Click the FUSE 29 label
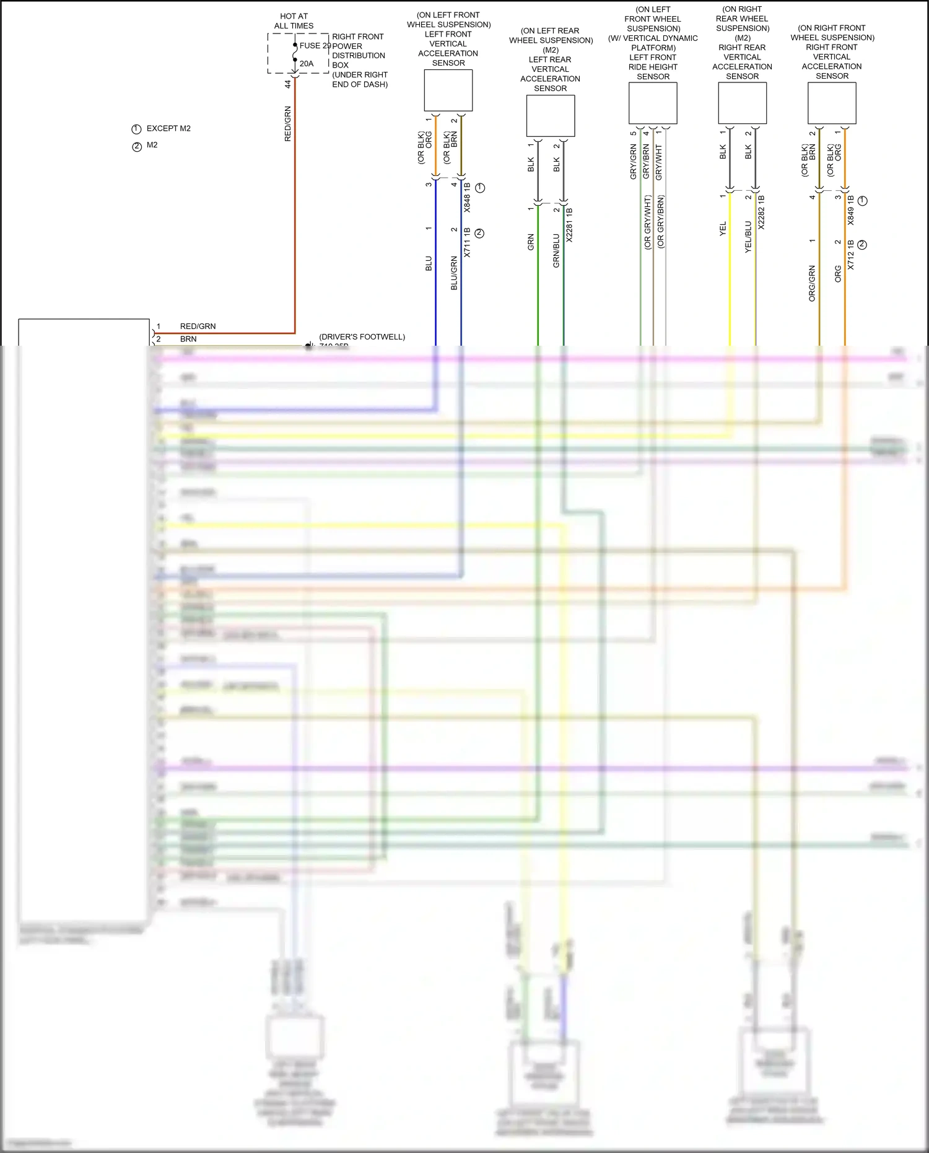[x=315, y=46]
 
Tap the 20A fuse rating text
[x=307, y=64]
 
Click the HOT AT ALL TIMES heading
[x=294, y=21]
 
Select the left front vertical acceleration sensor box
[x=448, y=90]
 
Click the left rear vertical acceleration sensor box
[x=550, y=116]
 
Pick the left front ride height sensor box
[x=653, y=103]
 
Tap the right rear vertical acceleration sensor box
[x=742, y=103]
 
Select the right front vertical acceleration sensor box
[x=832, y=103]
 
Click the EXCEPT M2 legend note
[x=168, y=129]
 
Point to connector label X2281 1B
[x=569, y=225]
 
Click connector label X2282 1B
[x=761, y=213]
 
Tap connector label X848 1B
[x=467, y=198]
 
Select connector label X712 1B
[x=850, y=255]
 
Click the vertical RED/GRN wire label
[x=287, y=124]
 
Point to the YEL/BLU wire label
[x=748, y=236]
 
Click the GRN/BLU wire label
[x=556, y=251]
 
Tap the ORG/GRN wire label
[x=812, y=284]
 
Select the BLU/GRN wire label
[x=454, y=273]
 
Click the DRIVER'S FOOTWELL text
[x=362, y=337]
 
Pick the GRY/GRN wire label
[x=633, y=162]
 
